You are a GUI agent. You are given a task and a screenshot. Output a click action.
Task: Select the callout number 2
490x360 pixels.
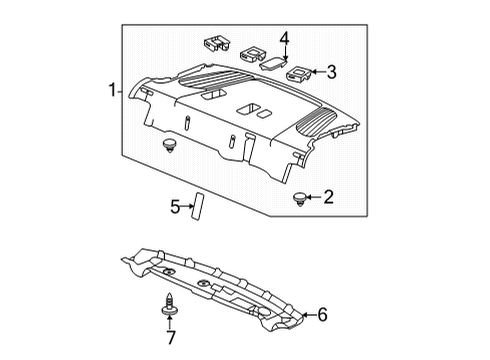[327, 198]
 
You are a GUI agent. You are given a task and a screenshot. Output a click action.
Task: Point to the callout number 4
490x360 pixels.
[285, 39]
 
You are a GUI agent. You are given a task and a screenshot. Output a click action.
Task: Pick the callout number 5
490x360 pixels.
[175, 207]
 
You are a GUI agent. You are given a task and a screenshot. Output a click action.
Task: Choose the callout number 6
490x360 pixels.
[321, 316]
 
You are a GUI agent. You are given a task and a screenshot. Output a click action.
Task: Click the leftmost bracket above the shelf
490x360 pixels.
[214, 44]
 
